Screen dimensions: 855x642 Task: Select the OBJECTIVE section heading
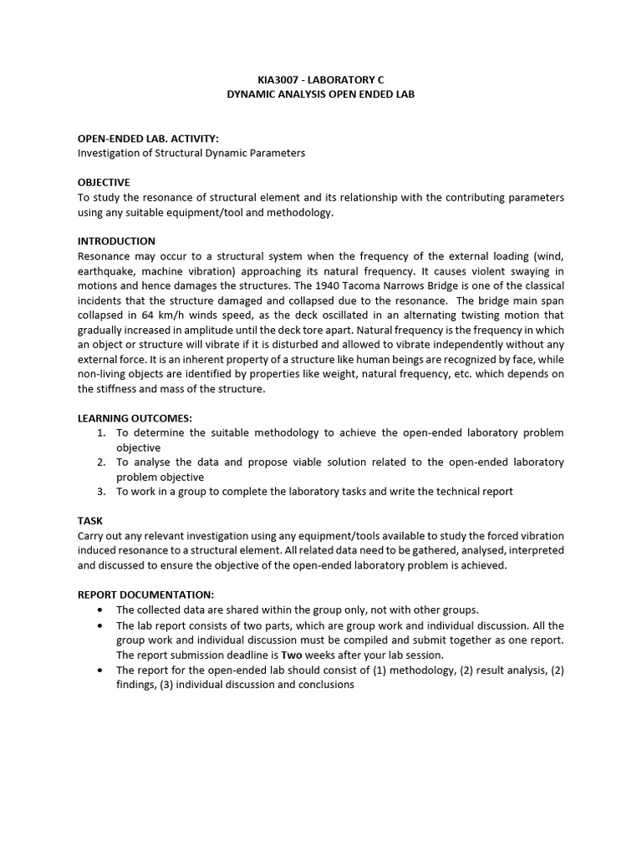click(104, 182)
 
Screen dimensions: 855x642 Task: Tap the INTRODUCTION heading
click(116, 241)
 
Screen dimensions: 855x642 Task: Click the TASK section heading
click(90, 520)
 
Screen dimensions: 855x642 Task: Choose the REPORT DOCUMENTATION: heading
click(145, 594)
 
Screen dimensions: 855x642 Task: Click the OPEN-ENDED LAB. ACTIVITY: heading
click(148, 139)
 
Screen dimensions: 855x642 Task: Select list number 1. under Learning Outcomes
click(101, 433)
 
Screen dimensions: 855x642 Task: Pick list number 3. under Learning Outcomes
click(101, 491)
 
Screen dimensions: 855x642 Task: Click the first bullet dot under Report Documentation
click(101, 610)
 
